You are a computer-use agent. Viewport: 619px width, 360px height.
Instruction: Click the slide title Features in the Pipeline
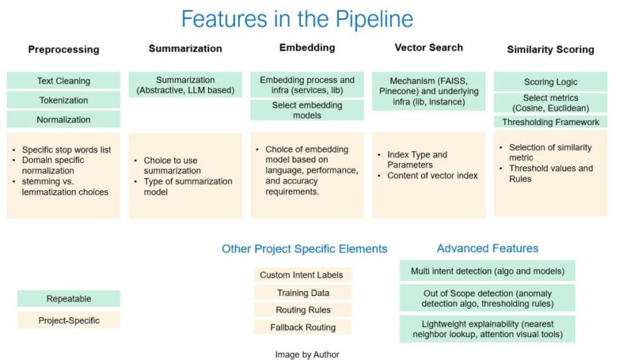pos(297,18)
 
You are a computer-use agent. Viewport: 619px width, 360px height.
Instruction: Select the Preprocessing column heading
pos(63,50)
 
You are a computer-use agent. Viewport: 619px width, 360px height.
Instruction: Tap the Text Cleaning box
pos(63,81)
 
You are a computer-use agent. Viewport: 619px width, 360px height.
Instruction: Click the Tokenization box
pos(63,100)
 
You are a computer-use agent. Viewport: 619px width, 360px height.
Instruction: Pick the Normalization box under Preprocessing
pos(63,120)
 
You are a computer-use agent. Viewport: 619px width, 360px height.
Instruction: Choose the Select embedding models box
pos(307,110)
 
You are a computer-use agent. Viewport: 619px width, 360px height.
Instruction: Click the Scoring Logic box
pos(551,81)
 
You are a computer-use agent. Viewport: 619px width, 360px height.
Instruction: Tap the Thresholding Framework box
pos(551,122)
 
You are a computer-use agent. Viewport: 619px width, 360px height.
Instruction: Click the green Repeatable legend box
pos(68,298)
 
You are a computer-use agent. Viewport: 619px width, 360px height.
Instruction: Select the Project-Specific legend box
pos(68,320)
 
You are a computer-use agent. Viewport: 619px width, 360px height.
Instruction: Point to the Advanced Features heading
pos(487,248)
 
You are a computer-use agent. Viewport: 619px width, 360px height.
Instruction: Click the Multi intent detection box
pos(487,271)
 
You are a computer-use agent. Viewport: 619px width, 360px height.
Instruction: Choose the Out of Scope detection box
pos(487,297)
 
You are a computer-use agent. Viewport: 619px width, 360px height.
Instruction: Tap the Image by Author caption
pos(307,354)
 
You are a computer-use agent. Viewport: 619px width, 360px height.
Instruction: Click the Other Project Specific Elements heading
pos(304,249)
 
